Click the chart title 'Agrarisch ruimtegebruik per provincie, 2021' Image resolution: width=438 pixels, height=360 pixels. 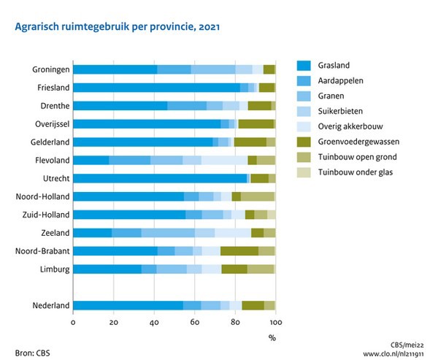[x=112, y=26]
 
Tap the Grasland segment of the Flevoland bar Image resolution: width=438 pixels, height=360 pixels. [x=91, y=160]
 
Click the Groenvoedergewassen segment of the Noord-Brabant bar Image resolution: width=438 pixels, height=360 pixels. [x=239, y=251]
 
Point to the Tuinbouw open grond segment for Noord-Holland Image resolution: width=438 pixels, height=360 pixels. [x=258, y=196]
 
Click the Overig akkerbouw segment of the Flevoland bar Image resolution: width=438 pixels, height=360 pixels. [x=225, y=160]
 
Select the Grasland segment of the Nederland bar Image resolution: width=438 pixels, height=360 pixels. [x=128, y=305]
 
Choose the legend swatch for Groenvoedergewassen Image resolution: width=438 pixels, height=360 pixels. [x=307, y=141]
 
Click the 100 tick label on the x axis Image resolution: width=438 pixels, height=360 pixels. [x=274, y=323]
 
